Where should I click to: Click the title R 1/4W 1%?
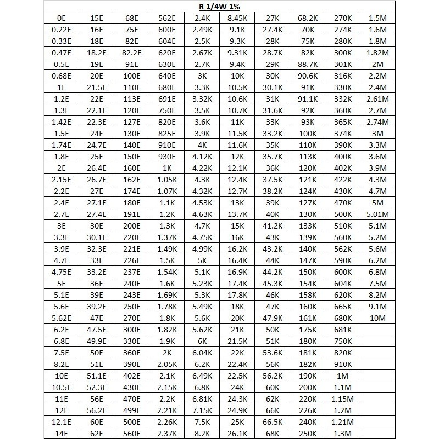(219, 7)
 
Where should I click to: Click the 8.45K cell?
(237, 18)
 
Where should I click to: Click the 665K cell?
(343, 306)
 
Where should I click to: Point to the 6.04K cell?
(202, 352)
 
